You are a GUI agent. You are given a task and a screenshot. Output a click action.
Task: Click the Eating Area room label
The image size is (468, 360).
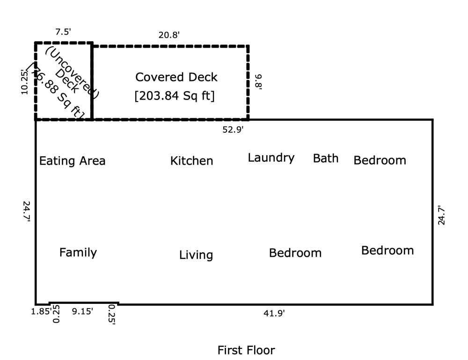click(72, 161)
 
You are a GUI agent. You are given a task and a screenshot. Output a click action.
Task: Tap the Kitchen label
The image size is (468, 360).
click(191, 161)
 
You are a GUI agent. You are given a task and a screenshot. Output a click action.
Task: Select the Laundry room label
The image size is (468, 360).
click(271, 158)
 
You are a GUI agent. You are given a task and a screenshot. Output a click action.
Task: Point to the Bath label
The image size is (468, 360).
click(325, 158)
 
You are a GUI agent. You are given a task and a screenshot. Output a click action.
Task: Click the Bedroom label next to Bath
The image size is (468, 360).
click(380, 161)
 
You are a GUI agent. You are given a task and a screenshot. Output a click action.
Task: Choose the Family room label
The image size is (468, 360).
click(78, 253)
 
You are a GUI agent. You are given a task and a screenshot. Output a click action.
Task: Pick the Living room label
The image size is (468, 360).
click(196, 255)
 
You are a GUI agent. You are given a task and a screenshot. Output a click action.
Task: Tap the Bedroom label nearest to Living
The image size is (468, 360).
click(295, 253)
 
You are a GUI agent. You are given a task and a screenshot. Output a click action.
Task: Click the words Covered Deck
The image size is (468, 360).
click(176, 77)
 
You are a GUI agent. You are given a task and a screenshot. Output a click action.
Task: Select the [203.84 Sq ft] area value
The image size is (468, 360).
click(174, 97)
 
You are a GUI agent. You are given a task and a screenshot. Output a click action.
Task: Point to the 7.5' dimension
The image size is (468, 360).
click(62, 33)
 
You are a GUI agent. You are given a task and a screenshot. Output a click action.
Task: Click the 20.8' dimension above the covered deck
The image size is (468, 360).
click(169, 35)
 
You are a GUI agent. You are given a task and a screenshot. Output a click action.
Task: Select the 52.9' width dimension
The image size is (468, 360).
click(233, 130)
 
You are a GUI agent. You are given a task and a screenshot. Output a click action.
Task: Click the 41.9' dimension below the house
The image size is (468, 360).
click(275, 314)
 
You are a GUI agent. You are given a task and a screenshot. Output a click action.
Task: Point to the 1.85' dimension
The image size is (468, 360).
click(41, 311)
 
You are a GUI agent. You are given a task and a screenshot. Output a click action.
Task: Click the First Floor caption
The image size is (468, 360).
click(246, 350)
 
